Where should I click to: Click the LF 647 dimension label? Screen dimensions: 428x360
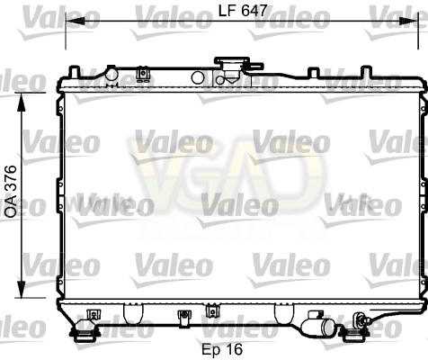tap(242, 11)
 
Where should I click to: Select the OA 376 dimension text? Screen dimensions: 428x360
tap(11, 192)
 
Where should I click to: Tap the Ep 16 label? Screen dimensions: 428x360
tap(222, 349)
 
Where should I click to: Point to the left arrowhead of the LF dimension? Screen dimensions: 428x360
tap(75, 21)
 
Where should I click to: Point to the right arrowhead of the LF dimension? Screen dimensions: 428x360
tap(409, 21)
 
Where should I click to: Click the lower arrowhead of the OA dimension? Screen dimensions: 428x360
tap(22, 291)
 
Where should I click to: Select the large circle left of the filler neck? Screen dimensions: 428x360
tap(198, 77)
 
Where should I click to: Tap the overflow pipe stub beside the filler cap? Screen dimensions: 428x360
tap(255, 65)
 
